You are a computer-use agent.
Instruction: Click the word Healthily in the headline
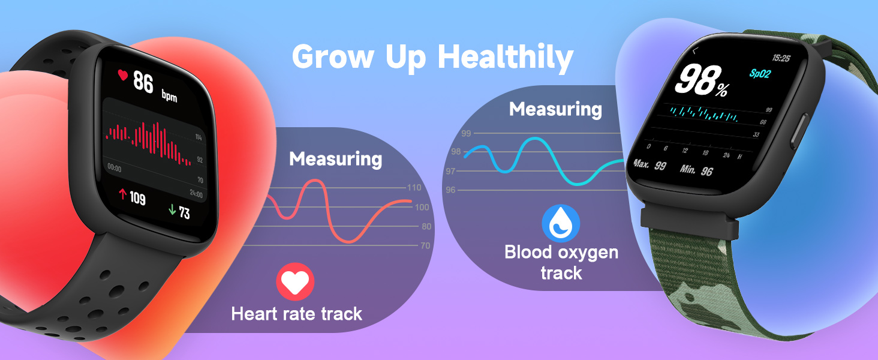506,58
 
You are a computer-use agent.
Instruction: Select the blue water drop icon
561,223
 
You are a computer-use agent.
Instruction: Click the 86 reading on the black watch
143,82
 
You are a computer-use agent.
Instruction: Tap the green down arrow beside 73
172,210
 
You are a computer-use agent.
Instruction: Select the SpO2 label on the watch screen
760,73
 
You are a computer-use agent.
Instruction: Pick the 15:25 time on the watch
780,58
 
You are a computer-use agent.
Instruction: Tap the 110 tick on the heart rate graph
414,188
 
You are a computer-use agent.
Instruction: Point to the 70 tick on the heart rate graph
425,245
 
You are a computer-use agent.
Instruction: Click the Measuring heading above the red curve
335,159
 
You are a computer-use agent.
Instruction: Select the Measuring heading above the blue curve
555,109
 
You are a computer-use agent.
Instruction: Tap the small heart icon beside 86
123,76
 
